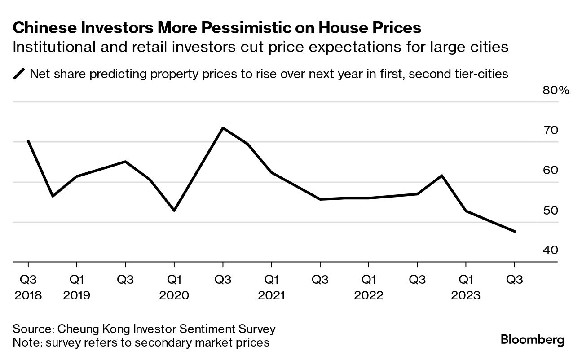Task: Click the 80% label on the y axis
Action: point(556,90)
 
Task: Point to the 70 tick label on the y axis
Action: point(551,131)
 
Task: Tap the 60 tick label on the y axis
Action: point(551,171)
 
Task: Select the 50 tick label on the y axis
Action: point(551,211)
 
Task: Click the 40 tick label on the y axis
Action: point(551,250)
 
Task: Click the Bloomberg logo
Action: point(532,340)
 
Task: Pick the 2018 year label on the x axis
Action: point(28,295)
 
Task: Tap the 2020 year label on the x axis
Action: point(174,295)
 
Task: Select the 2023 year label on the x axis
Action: point(466,295)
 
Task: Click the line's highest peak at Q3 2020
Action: point(223,128)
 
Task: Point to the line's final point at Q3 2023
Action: point(515,232)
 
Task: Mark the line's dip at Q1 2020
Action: point(174,211)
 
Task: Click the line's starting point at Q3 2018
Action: point(28,141)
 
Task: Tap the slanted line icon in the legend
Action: point(19,74)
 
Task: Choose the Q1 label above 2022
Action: point(369,279)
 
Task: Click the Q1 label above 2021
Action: point(271,279)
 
